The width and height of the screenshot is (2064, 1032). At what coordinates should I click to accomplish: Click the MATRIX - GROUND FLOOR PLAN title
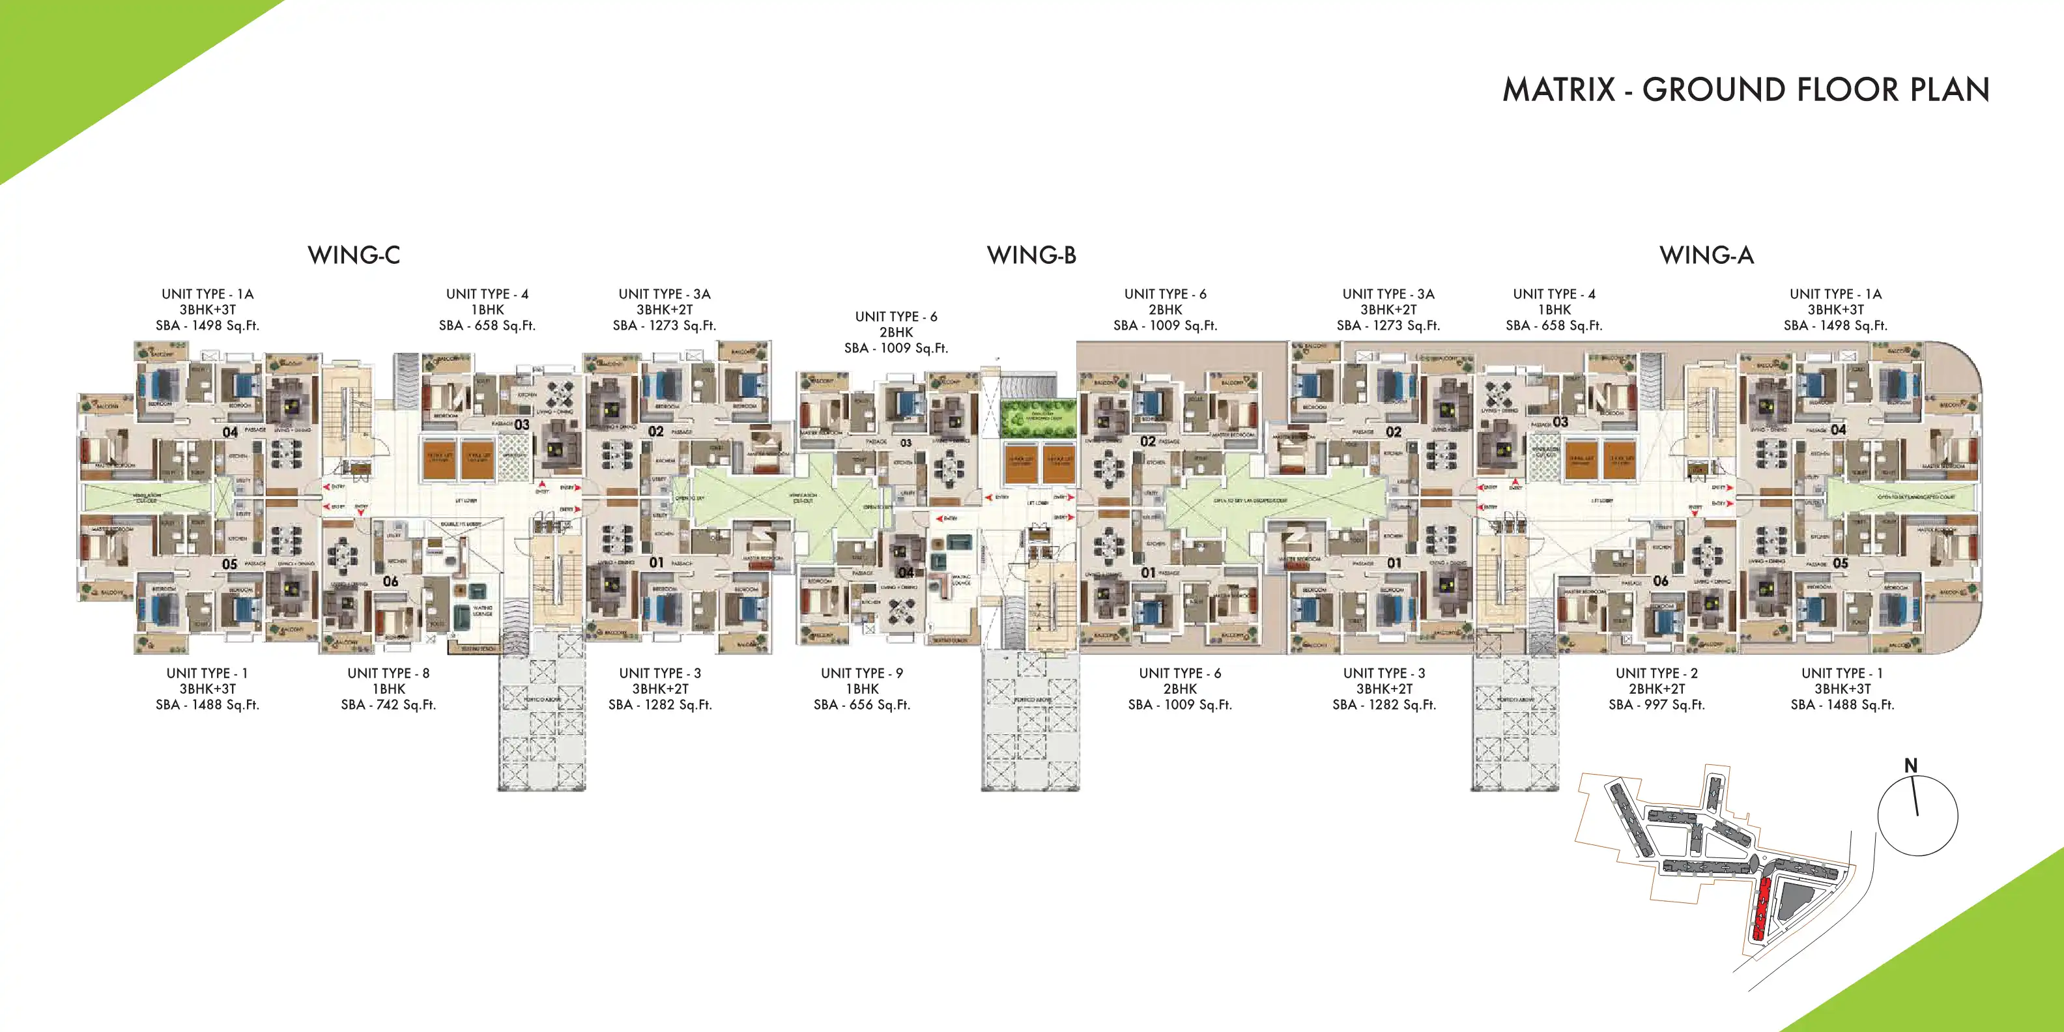1745,90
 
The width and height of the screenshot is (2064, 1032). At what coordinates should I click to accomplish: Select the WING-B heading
1031,255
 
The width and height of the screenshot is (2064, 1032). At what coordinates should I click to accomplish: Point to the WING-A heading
1707,255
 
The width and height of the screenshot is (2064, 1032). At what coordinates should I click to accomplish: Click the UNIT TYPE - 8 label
388,673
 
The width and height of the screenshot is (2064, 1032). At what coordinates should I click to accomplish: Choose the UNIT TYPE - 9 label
861,673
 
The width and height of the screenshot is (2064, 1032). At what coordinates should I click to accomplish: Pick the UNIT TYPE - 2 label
1656,673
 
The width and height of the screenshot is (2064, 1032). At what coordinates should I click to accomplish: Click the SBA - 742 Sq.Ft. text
388,705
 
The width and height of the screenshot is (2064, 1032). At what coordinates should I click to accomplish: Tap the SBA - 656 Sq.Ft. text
861,705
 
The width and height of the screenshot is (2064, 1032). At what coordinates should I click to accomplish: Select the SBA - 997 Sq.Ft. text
1656,705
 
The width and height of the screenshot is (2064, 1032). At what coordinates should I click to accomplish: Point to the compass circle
1917,816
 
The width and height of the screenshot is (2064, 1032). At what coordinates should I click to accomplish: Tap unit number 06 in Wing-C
390,581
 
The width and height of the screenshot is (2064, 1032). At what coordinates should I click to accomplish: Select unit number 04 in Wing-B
906,572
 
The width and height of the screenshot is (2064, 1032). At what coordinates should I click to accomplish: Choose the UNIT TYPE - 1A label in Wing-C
208,294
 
